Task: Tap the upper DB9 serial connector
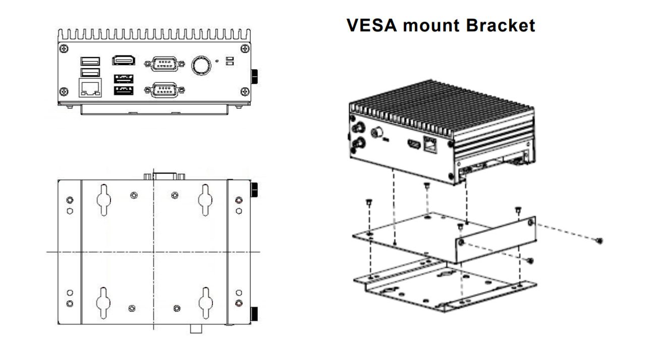pyautogui.click(x=160, y=64)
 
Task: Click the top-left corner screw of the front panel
pyautogui.click(x=63, y=48)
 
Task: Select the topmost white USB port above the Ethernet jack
pyautogui.click(x=90, y=61)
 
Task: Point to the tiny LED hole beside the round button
pyautogui.click(x=216, y=61)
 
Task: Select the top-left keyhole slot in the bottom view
pyautogui.click(x=103, y=199)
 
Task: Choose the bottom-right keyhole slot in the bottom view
pyautogui.click(x=205, y=302)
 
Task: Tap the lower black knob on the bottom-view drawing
pyautogui.click(x=255, y=313)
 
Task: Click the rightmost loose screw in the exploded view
pyautogui.click(x=599, y=241)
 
